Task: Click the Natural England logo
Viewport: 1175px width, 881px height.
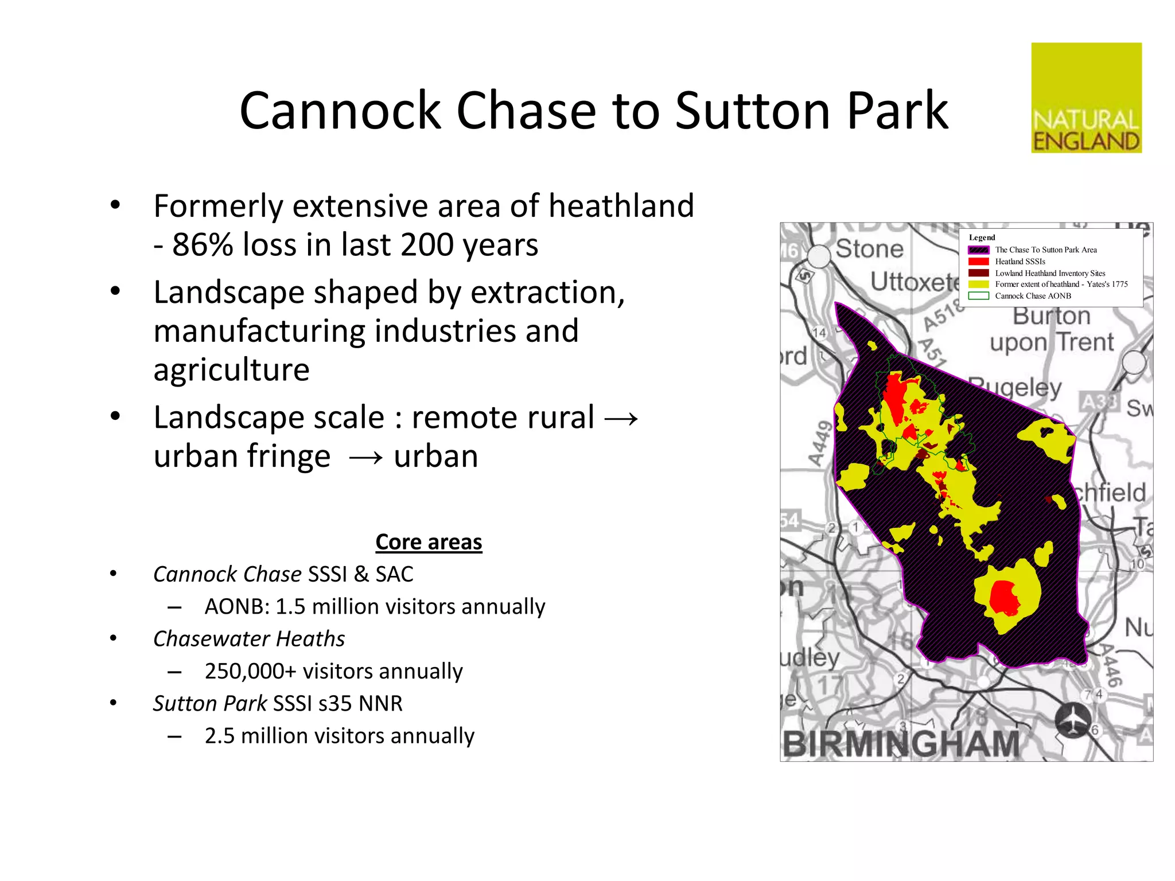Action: pos(1086,98)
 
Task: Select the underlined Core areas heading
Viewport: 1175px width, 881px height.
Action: pos(429,542)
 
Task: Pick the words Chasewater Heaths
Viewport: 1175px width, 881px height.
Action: pos(249,639)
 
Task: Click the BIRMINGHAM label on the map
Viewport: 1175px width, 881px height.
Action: pos(901,744)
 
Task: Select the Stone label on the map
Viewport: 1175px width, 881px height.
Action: pos(869,249)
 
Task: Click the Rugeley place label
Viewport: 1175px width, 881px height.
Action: pos(1016,388)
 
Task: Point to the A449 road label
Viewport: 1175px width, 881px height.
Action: pos(820,443)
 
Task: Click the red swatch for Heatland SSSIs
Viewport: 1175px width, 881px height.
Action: pos(978,262)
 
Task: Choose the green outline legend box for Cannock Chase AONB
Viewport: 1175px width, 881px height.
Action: pos(978,296)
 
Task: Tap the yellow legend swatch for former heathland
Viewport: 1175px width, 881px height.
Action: pos(978,284)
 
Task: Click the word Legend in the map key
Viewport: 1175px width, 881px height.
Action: pos(982,237)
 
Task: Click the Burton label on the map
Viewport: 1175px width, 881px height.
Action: pos(1051,316)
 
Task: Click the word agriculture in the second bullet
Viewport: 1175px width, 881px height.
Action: pos(231,370)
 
